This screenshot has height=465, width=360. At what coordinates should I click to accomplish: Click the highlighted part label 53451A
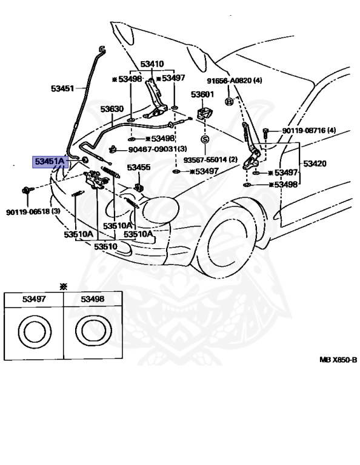click(50, 162)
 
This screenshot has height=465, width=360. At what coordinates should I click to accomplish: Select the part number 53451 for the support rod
click(62, 88)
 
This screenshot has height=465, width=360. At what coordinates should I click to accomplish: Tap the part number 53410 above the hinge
click(152, 64)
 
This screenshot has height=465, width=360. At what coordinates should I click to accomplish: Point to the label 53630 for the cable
click(112, 109)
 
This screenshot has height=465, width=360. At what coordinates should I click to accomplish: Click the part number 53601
click(202, 94)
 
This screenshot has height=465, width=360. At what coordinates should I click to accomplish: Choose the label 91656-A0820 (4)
click(235, 81)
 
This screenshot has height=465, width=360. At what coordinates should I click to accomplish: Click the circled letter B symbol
click(229, 102)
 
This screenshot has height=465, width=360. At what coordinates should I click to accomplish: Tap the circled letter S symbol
click(205, 139)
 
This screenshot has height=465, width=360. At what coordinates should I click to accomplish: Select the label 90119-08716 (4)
click(309, 130)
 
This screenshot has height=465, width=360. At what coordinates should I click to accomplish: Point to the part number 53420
click(315, 163)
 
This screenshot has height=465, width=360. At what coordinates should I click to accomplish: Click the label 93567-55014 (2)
click(210, 160)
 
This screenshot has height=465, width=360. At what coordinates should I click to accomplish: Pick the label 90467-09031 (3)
click(158, 148)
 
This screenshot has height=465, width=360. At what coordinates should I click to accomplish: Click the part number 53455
click(139, 168)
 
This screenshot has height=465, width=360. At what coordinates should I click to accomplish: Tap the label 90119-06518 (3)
click(33, 212)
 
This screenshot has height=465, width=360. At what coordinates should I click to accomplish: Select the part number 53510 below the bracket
click(105, 246)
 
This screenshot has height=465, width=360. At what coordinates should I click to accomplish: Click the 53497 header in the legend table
click(34, 299)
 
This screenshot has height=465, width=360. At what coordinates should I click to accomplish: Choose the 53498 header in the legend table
click(93, 299)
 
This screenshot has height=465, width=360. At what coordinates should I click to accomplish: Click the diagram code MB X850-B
click(338, 360)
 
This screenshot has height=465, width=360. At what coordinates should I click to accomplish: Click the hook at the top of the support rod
click(102, 50)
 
